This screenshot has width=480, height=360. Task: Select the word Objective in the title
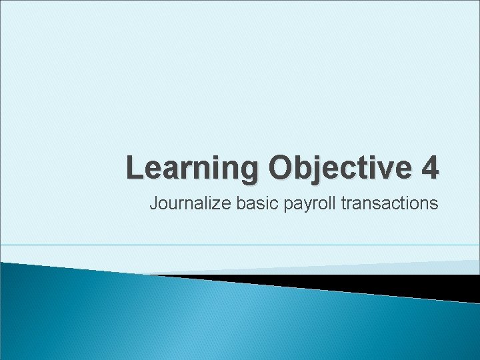click(340, 168)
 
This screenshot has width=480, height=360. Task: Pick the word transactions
click(389, 203)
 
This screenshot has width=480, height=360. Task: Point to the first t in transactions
click(343, 203)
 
